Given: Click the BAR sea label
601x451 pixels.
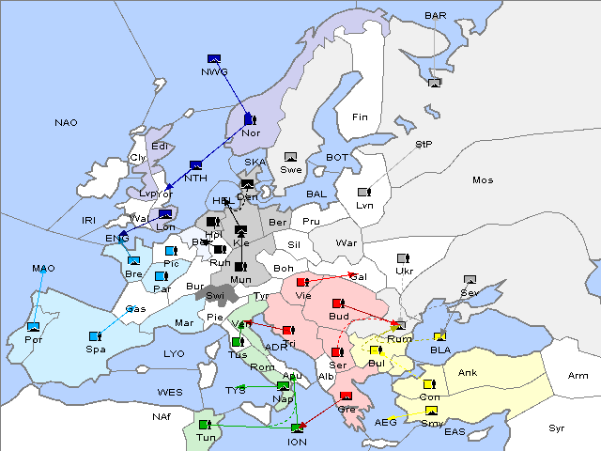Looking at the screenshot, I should coord(436,15).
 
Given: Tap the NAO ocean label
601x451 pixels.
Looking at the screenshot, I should coord(66,122).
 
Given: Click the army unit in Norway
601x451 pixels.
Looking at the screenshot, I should coord(249,119).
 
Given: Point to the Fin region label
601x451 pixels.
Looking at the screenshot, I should coord(359,117).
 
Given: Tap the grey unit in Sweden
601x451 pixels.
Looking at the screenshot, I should coord(291,157).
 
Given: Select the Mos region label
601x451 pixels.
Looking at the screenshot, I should coord(483,179).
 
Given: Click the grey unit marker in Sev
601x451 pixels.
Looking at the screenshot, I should coord(470,281).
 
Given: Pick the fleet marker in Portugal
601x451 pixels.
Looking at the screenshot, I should coord(33,326).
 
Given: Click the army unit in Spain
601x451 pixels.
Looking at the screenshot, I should coord(95,335).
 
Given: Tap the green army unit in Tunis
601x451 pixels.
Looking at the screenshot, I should coord(204,424).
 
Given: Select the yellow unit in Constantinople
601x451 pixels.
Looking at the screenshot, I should coord(428,385).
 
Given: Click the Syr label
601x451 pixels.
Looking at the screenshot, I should coord(557,428).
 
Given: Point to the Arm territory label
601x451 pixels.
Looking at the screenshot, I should coord(578,375).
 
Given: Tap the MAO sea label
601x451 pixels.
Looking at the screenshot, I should coord(43,268).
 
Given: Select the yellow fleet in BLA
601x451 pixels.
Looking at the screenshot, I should coord(439,337).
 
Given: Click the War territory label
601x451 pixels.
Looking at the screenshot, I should coord(347,242).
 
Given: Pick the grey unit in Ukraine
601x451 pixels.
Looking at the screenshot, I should coord(403,258).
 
